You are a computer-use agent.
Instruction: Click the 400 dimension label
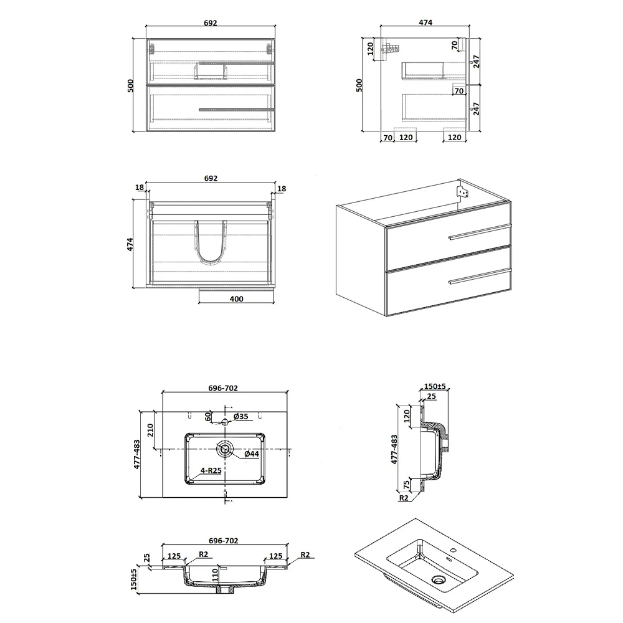(236, 299)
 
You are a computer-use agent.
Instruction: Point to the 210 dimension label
(150, 430)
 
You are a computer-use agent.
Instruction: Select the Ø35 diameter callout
(240, 416)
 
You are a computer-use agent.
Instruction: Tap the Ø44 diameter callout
(252, 454)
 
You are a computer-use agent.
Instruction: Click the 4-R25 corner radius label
(211, 470)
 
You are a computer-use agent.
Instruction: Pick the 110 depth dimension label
(215, 575)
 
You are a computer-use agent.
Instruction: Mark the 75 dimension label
(406, 485)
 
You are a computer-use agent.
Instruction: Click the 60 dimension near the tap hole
(208, 417)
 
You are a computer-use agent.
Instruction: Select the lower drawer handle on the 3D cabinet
(480, 277)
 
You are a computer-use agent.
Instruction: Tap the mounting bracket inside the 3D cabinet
(464, 191)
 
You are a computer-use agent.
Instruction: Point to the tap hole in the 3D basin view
(454, 551)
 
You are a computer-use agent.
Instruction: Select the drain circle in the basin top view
(225, 449)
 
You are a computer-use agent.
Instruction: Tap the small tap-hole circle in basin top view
(225, 422)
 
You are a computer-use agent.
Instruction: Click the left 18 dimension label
(139, 188)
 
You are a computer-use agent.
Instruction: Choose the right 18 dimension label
(282, 188)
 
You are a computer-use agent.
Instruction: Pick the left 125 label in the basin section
(174, 556)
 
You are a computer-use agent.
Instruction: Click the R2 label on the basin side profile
(404, 498)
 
